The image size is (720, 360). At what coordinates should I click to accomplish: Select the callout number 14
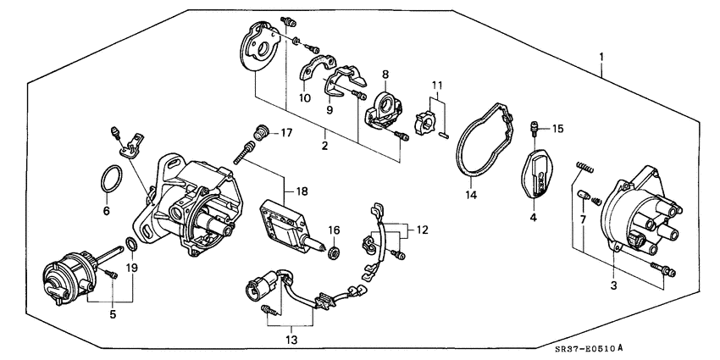coord(469,194)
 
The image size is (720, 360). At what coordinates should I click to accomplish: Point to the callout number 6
coord(105,211)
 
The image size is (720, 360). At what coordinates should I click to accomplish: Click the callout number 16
coord(334,230)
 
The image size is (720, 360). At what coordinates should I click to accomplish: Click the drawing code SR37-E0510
coord(587,348)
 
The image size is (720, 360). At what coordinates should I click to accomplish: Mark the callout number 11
coord(437,86)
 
